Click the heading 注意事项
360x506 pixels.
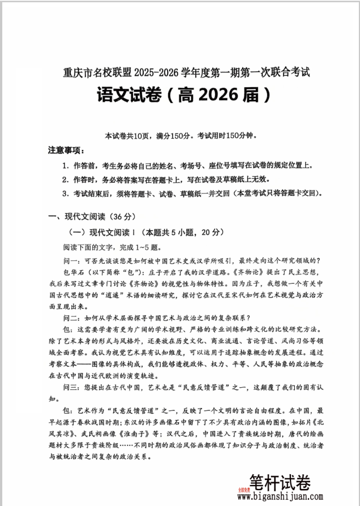(x=66, y=151)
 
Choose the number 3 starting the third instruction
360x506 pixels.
(x=65, y=193)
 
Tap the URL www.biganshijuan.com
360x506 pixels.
(x=280, y=497)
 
